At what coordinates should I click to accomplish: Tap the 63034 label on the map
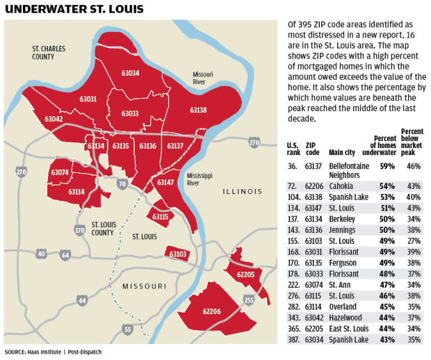[x=130, y=74]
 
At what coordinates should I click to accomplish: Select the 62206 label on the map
[x=211, y=312]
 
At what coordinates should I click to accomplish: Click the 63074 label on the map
[x=60, y=172]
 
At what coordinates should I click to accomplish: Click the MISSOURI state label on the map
[x=144, y=286]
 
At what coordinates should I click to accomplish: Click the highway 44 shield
[x=83, y=300]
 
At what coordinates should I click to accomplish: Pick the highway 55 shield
[x=127, y=329]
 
